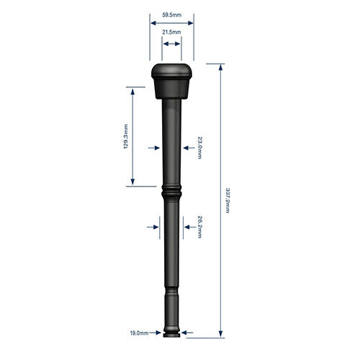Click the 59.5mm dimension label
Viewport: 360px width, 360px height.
pyautogui.click(x=171, y=14)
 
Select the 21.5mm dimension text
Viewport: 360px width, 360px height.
pyautogui.click(x=171, y=32)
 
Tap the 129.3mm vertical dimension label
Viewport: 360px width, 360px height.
pyautogui.click(x=126, y=136)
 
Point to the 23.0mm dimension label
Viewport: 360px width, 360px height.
pyautogui.click(x=201, y=148)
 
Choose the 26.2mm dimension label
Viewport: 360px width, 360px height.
pyautogui.click(x=199, y=227)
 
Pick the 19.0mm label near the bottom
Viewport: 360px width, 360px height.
pyautogui.click(x=139, y=333)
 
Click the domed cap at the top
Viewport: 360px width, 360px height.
pyautogui.click(x=171, y=73)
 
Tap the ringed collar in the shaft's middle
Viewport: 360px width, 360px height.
pyautogui.click(x=171, y=193)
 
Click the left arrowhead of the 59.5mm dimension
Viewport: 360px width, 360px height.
pyautogui.click(x=152, y=22)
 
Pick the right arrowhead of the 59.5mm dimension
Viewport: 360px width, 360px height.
pyautogui.click(x=191, y=22)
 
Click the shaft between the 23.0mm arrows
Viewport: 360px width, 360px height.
pyautogui.click(x=171, y=148)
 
